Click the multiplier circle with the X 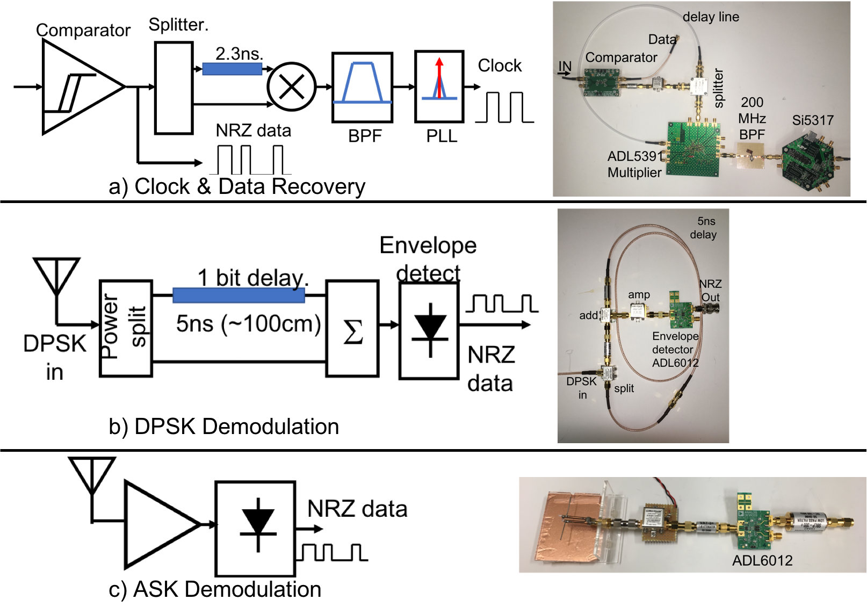pos(291,86)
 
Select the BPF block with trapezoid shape pos(362,88)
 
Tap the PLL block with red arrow pos(439,86)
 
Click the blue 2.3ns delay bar pos(232,69)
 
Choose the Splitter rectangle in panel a pos(174,88)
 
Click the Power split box pos(126,328)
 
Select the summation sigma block pos(352,328)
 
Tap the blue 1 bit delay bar pos(239,295)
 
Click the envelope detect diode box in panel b pos(429,330)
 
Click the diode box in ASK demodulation pos(255,528)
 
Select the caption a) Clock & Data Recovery pos(237,187)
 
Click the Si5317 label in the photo pos(812,120)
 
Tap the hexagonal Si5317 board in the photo pos(807,162)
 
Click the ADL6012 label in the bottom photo pos(762,561)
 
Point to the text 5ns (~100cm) pos(248,324)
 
